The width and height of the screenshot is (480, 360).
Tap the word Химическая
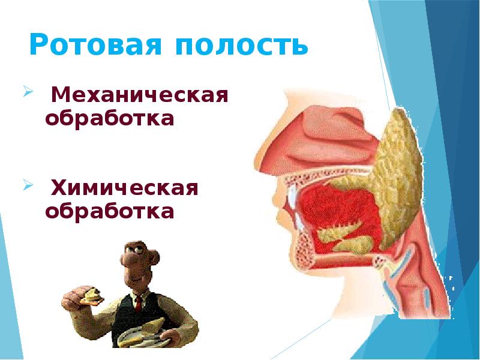(125, 188)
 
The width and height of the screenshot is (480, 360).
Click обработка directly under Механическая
(110, 118)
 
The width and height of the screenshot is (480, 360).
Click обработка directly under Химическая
(110, 211)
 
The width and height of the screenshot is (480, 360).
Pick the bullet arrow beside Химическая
(28, 186)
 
